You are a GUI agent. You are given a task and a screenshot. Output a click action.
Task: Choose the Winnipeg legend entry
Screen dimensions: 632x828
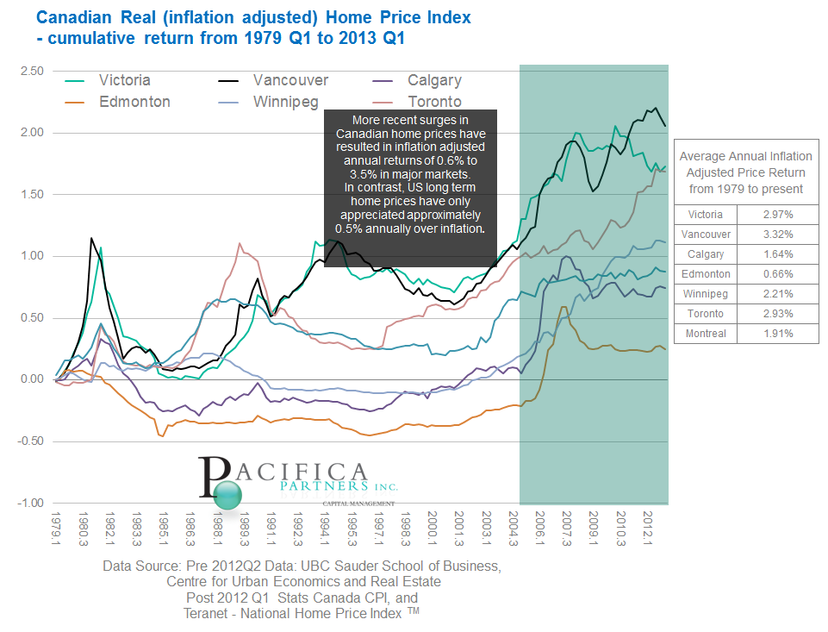tap(285, 102)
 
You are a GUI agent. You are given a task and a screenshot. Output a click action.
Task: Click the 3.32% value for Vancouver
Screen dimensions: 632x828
tap(777, 235)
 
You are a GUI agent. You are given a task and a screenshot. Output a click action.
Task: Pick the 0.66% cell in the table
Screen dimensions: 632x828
tap(777, 274)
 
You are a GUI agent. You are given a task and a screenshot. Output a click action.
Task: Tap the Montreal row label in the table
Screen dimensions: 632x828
tap(706, 334)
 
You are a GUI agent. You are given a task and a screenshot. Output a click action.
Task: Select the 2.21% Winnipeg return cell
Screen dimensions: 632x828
tap(777, 294)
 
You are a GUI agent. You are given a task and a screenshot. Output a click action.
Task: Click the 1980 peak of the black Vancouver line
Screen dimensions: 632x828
tap(91, 238)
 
